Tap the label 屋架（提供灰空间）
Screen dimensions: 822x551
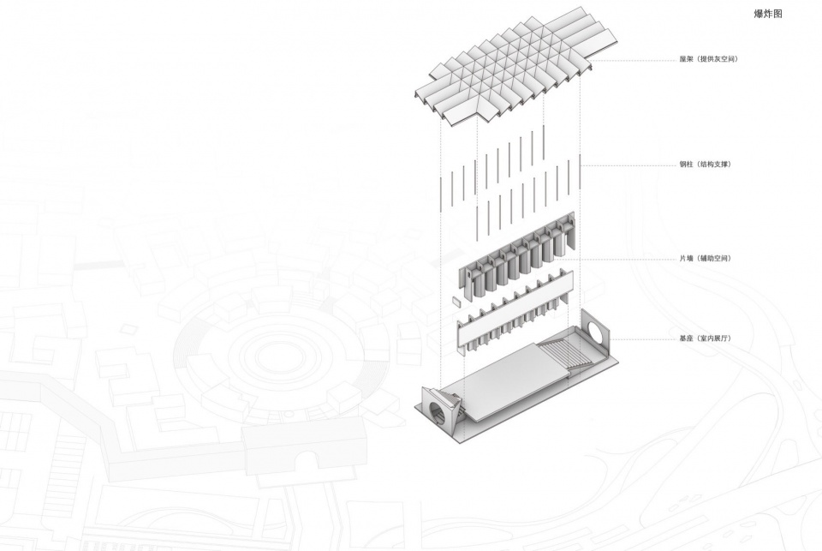[708, 59]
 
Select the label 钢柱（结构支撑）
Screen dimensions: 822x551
[705, 165]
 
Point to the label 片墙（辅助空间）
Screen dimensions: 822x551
[705, 258]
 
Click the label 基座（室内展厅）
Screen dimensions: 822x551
[705, 338]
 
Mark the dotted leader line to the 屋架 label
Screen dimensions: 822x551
[634, 60]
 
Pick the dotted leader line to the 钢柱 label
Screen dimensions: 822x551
[629, 165]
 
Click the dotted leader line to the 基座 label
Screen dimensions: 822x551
[643, 339]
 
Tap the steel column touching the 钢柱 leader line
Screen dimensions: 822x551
[580, 171]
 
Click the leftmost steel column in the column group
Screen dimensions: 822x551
[440, 194]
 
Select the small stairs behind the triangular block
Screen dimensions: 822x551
[458, 405]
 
